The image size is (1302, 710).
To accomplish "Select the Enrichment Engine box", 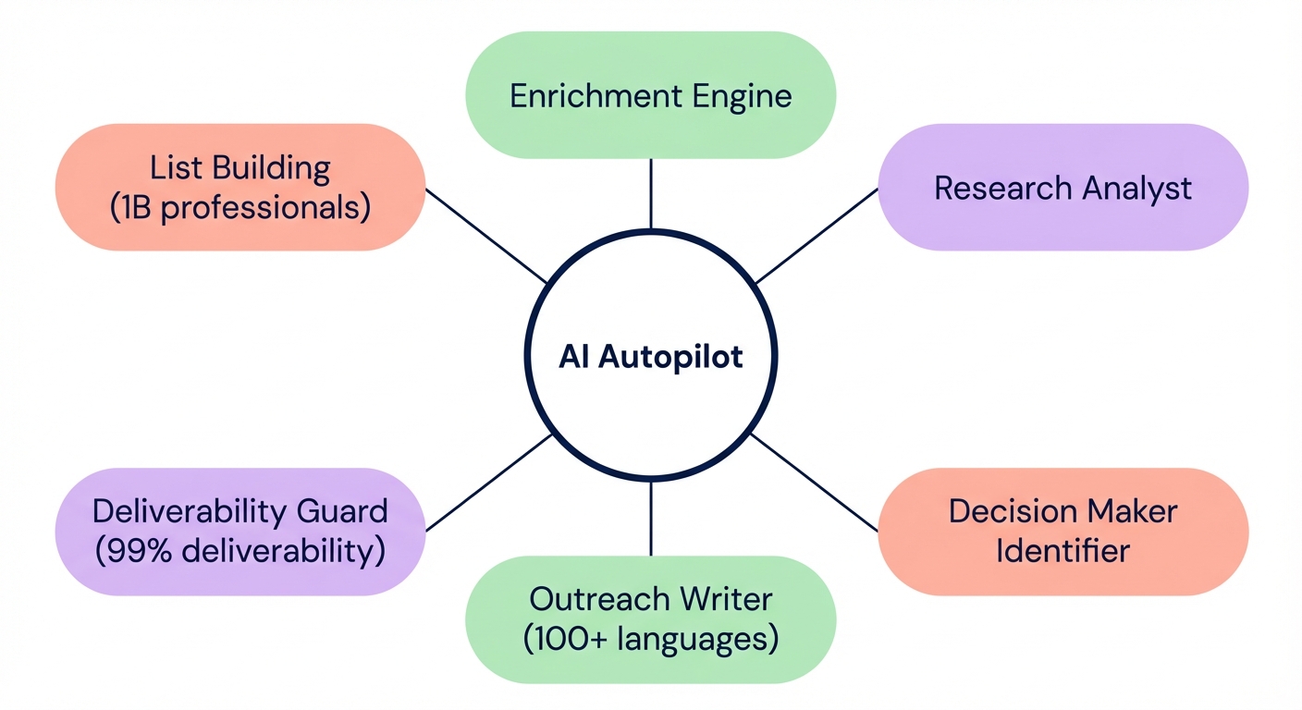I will click(x=651, y=95).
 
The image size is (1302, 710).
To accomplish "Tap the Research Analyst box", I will click(x=1062, y=188).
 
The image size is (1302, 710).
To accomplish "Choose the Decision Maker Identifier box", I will click(x=1062, y=531).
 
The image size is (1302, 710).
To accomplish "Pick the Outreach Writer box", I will click(x=651, y=618).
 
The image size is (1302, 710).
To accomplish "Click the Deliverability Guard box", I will click(x=240, y=531).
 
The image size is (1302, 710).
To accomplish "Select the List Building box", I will click(x=240, y=188).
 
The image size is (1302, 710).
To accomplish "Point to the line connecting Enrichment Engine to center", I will click(x=651, y=193).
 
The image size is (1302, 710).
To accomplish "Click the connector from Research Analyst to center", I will click(x=816, y=236).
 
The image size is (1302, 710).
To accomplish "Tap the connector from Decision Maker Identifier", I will click(x=814, y=482).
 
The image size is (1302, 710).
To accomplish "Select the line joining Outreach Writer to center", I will click(x=651, y=519).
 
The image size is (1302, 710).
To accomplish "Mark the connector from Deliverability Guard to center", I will click(x=488, y=483).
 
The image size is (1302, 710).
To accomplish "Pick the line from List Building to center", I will click(x=486, y=236).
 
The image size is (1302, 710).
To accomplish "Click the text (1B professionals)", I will click(x=240, y=208).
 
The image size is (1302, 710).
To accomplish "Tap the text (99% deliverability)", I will click(x=240, y=551).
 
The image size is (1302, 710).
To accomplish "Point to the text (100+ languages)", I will click(x=651, y=639).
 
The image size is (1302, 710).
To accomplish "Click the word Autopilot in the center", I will click(x=670, y=357).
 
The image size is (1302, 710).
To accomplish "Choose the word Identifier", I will click(x=1062, y=551).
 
